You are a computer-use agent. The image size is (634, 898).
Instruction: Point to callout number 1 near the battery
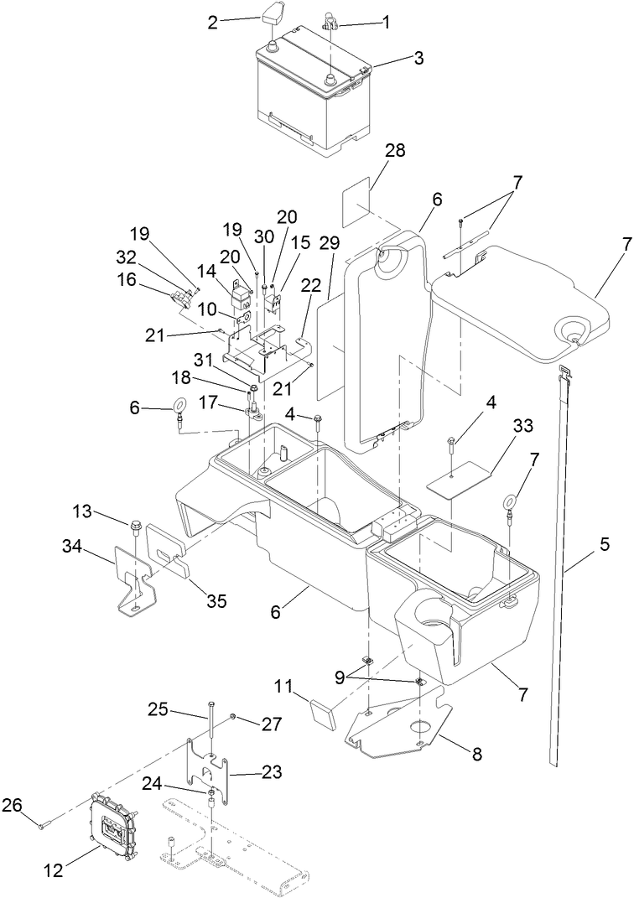click(x=387, y=23)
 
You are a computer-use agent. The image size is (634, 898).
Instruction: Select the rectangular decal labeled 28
click(x=360, y=204)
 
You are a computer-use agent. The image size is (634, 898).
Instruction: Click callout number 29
click(x=330, y=243)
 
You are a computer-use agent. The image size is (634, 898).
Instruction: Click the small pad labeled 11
click(x=323, y=718)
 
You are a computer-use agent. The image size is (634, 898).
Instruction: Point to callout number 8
click(x=476, y=754)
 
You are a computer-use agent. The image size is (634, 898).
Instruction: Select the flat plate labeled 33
click(x=458, y=481)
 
